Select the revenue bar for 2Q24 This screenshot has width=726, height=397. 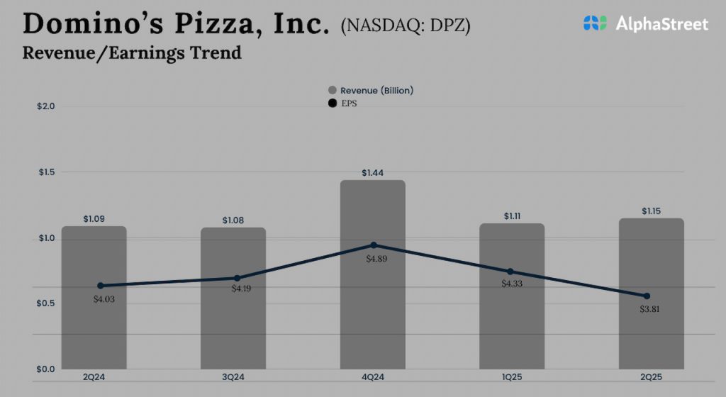[94, 326]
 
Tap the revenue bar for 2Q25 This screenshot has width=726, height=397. [651, 333]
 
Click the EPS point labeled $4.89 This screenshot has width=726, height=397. [374, 245]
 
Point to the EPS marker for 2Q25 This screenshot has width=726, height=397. [647, 296]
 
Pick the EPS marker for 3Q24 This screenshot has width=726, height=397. [238, 278]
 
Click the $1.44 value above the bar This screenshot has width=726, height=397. [373, 172]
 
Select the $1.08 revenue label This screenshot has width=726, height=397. [233, 220]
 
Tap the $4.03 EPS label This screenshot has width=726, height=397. [104, 298]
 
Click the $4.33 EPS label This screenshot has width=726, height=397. [511, 284]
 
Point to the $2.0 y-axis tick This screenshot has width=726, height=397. [46, 106]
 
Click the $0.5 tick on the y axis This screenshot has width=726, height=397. [46, 303]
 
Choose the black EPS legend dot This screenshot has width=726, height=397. [332, 104]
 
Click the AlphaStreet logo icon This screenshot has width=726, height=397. [595, 23]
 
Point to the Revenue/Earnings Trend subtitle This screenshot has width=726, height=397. [132, 52]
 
